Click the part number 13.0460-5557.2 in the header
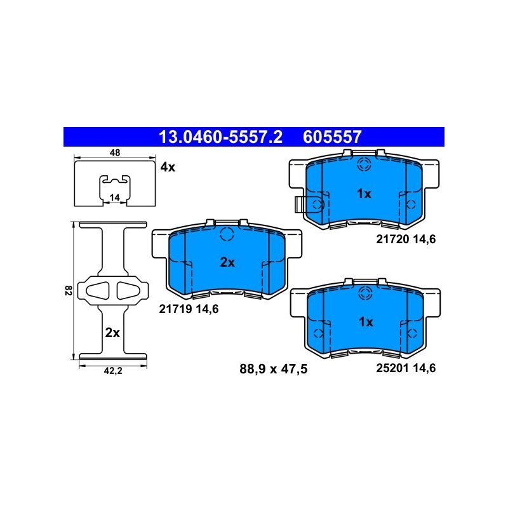click(220, 137)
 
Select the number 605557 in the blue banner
click(332, 137)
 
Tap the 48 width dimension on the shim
click(115, 152)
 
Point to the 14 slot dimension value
click(115, 197)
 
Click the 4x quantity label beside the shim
click(168, 167)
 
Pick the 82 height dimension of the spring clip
click(68, 290)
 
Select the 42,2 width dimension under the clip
click(113, 371)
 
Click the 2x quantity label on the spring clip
click(112, 333)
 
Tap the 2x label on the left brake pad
click(227, 262)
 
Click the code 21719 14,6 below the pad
click(189, 309)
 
